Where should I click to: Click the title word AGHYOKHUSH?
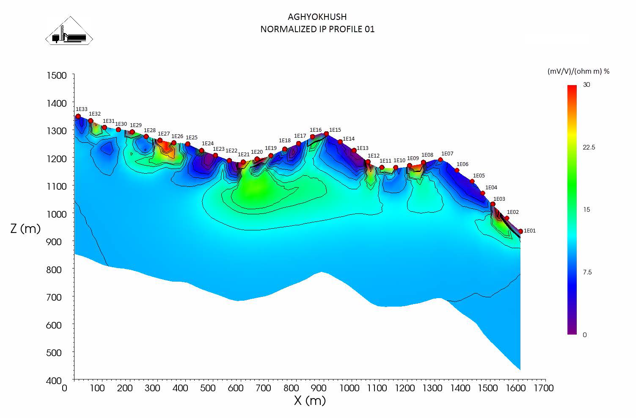pos(317,17)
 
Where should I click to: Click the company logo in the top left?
pos(69,31)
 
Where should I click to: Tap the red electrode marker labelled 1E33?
pos(78,116)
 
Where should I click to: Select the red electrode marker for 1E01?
pos(520,231)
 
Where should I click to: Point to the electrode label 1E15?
pos(335,130)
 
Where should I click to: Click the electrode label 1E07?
pos(447,154)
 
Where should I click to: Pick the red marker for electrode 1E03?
pos(493,204)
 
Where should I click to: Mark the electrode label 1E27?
pos(164,134)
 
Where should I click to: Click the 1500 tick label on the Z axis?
pos(56,75)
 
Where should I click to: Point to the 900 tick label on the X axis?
pos(322,388)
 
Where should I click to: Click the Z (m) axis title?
pos(25,229)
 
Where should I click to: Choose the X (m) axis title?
pos(310,401)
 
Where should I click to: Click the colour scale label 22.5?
pos(589,147)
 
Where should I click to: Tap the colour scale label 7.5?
pos(587,272)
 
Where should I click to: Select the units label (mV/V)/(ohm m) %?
pos(578,71)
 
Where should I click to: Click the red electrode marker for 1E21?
pos(243,162)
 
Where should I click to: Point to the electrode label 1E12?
pos(374,156)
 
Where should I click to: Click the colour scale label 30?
pos(586,85)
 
